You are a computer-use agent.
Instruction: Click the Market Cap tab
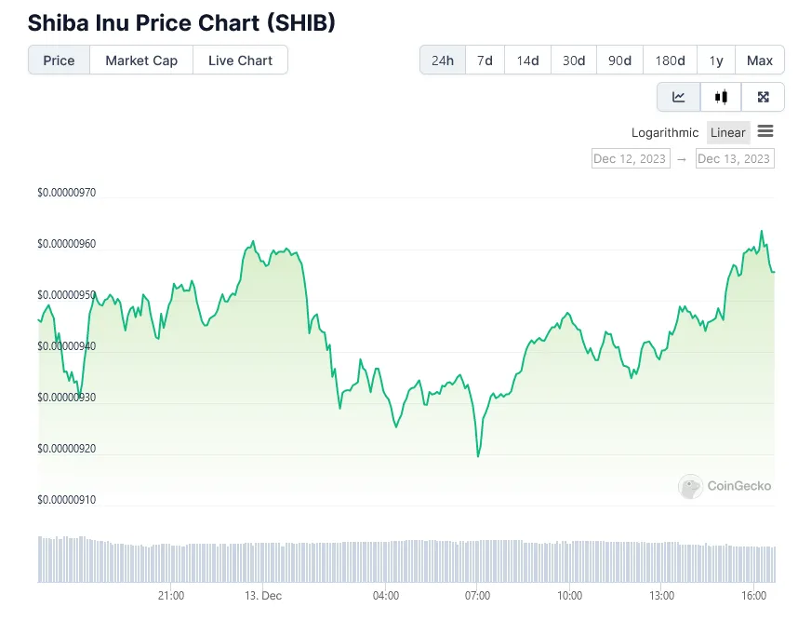[x=140, y=61]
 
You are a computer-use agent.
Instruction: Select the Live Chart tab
[x=240, y=61]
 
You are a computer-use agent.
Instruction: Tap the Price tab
[x=59, y=61]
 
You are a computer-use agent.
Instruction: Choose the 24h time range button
[x=443, y=61]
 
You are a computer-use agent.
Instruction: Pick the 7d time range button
[x=485, y=61]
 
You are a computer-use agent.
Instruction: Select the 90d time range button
[x=619, y=61]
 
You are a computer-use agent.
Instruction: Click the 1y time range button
[x=716, y=61]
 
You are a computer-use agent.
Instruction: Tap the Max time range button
[x=760, y=61]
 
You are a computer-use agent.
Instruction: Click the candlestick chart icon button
[x=721, y=97]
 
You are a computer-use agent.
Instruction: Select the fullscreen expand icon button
[x=764, y=97]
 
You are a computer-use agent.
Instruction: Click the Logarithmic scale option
[x=665, y=133]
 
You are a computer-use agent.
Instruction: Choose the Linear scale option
[x=728, y=133]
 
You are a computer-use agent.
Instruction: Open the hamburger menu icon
[x=765, y=132]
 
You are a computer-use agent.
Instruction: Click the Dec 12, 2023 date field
[x=630, y=158]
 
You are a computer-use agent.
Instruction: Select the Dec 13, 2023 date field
[x=734, y=158]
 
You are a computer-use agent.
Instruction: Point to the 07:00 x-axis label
[x=477, y=596]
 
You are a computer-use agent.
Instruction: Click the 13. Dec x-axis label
[x=263, y=596]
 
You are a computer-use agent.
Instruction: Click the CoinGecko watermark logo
[x=725, y=486]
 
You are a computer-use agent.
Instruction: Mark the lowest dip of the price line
[x=478, y=456]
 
